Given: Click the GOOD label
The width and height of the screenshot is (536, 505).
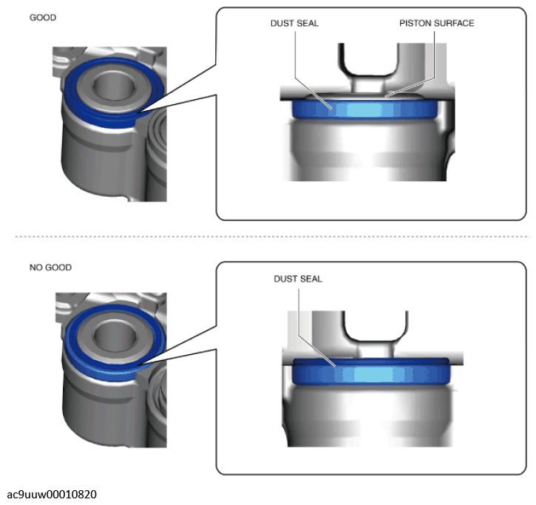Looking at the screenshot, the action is point(43,18).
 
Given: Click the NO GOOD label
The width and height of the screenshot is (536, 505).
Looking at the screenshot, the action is point(50,268).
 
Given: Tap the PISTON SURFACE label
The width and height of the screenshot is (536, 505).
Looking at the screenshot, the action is point(436,23).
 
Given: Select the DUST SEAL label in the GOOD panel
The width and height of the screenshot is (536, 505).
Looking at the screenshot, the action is point(294,23).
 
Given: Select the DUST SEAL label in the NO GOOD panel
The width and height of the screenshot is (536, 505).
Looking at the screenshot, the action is point(298,279).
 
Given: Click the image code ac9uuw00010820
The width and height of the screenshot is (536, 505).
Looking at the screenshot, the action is point(52,495).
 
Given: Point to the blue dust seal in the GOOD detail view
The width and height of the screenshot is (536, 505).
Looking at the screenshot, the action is point(364,109).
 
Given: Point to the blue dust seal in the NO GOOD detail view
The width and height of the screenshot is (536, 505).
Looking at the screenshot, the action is point(371,372).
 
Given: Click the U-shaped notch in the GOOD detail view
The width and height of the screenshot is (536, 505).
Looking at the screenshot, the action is point(368,59).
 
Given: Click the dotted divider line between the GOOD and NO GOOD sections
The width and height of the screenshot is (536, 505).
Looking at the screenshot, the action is point(272,237).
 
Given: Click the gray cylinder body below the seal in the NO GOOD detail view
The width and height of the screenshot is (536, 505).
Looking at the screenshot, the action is point(369,416).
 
